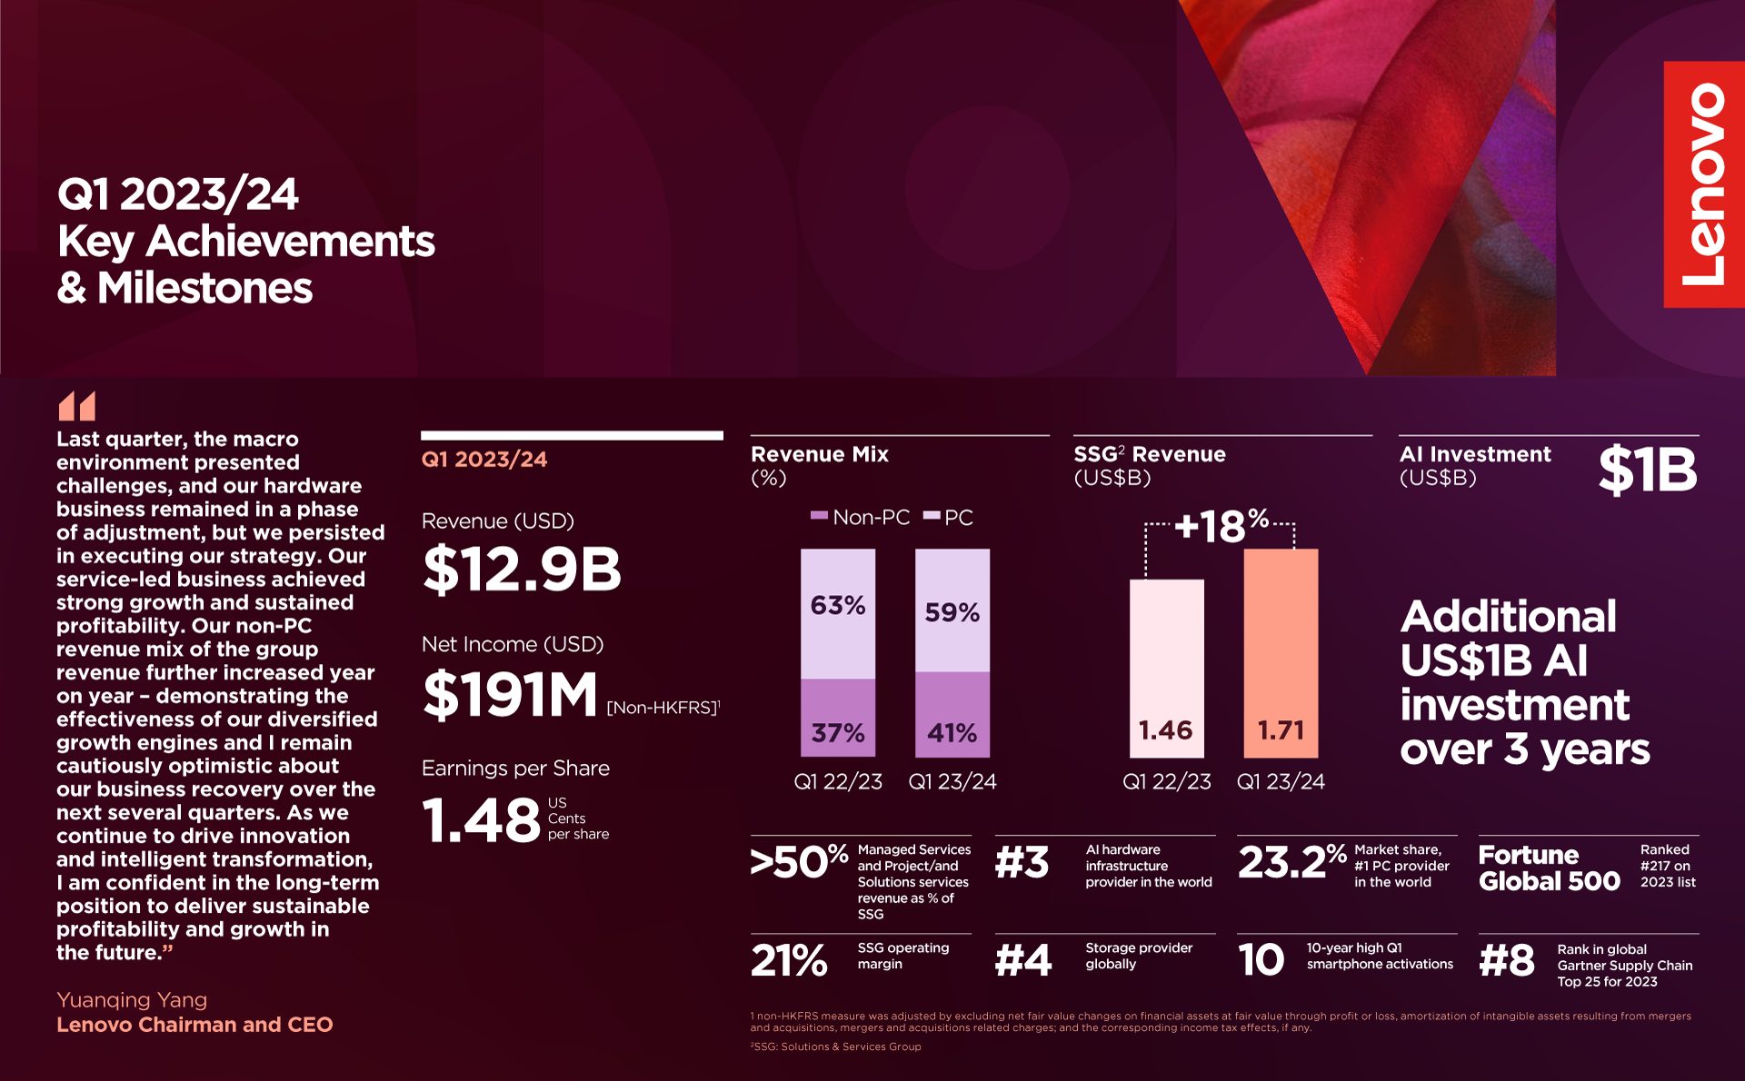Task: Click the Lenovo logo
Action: coord(1703,184)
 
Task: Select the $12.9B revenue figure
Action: coord(522,570)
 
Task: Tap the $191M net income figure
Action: coord(510,695)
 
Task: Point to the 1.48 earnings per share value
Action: coord(481,820)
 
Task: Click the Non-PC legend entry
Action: coord(860,518)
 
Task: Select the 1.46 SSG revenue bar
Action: coord(1166,669)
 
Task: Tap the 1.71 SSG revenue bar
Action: coord(1281,653)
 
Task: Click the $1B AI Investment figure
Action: coord(1647,470)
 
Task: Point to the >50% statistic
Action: coord(798,862)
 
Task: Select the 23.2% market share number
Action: coord(1291,862)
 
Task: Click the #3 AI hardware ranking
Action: coord(1022,862)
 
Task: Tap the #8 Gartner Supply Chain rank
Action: coord(1507,960)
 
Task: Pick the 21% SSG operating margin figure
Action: coord(789,960)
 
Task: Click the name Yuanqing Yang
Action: coord(132,1000)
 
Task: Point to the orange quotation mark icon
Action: coord(77,406)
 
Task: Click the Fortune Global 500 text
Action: coord(1549,868)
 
